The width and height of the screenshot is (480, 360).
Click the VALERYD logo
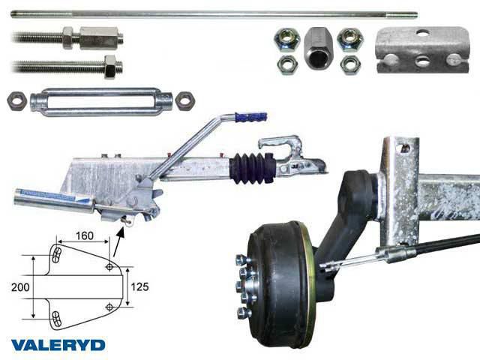pos(58,345)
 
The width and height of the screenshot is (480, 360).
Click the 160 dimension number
pos(85,235)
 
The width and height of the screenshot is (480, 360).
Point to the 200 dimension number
pos(20,287)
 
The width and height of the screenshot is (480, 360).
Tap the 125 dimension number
pos(139,286)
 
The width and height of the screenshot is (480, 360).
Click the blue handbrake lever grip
pos(251,117)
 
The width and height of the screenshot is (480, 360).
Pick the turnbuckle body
pos(101,102)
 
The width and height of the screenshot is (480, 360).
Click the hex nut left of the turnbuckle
pos(16,101)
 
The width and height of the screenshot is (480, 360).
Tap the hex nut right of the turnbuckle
pos(185,100)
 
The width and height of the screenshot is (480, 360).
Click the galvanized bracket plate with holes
pos(422,50)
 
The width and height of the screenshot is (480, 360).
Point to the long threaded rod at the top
pos(214,14)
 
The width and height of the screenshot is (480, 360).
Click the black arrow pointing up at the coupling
pos(118,241)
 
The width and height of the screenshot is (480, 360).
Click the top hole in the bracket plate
pos(422,31)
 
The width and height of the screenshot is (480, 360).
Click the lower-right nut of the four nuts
pos(350,65)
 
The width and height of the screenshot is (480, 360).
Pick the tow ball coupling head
pos(293,156)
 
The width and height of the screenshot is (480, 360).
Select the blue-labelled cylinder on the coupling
pos(55,200)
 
